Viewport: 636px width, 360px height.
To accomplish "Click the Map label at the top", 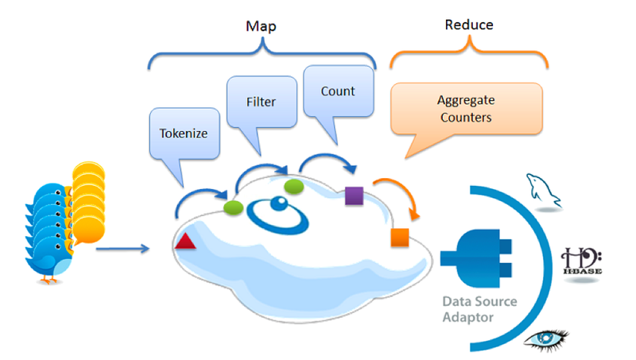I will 260,26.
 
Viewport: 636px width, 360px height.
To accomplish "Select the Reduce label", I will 468,25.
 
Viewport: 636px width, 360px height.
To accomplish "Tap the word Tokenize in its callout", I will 184,133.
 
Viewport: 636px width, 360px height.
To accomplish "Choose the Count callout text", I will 338,91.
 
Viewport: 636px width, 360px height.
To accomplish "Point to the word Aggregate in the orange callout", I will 465,101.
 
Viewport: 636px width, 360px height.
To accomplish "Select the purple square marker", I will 355,195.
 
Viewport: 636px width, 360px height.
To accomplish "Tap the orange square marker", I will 399,237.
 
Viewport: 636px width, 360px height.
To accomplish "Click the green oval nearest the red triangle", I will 234,207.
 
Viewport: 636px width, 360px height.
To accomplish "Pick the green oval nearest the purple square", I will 295,186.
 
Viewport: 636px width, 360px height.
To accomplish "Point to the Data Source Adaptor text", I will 480,309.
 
